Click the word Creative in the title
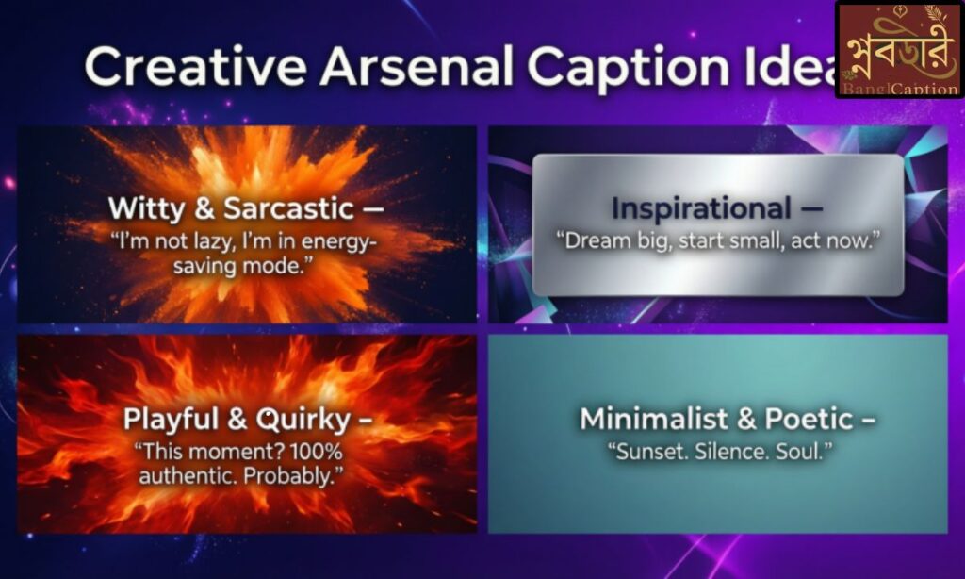pyautogui.click(x=193, y=68)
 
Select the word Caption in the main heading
pyautogui.click(x=622, y=68)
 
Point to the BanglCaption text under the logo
pyautogui.click(x=899, y=89)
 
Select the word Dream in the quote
pyautogui.click(x=599, y=241)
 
